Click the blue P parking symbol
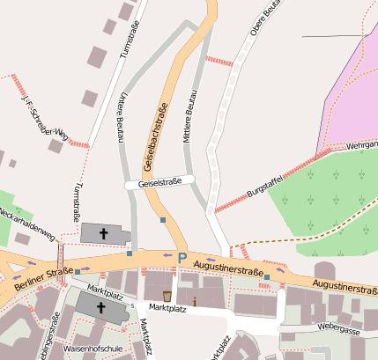click(x=182, y=258)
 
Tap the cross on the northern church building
click(x=103, y=233)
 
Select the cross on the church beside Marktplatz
click(x=100, y=309)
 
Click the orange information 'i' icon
click(x=195, y=303)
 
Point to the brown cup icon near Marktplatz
click(x=167, y=294)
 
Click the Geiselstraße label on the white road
click(x=159, y=182)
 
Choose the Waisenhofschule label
click(x=93, y=349)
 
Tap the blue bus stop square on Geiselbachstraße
click(x=163, y=220)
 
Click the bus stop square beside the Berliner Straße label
click(x=78, y=271)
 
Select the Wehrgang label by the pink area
click(x=361, y=143)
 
